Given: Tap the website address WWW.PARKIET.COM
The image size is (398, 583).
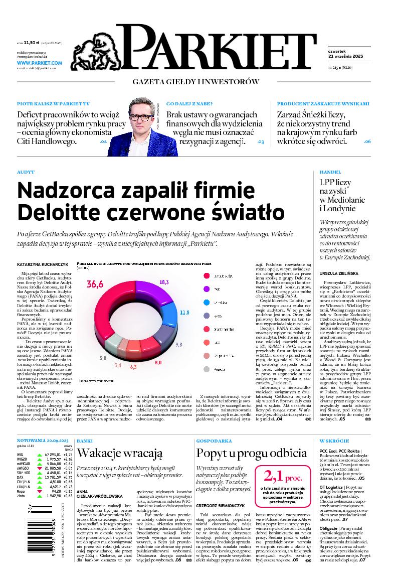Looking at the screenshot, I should [39, 63].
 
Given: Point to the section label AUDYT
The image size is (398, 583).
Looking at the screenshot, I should [26, 172].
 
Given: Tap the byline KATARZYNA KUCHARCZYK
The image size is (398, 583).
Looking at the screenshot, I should [42, 263].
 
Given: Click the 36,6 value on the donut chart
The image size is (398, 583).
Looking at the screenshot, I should [95, 284].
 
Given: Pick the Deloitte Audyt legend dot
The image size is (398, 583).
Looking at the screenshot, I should [207, 276].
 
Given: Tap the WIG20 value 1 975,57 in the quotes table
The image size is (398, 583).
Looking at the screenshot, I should [54, 459].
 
